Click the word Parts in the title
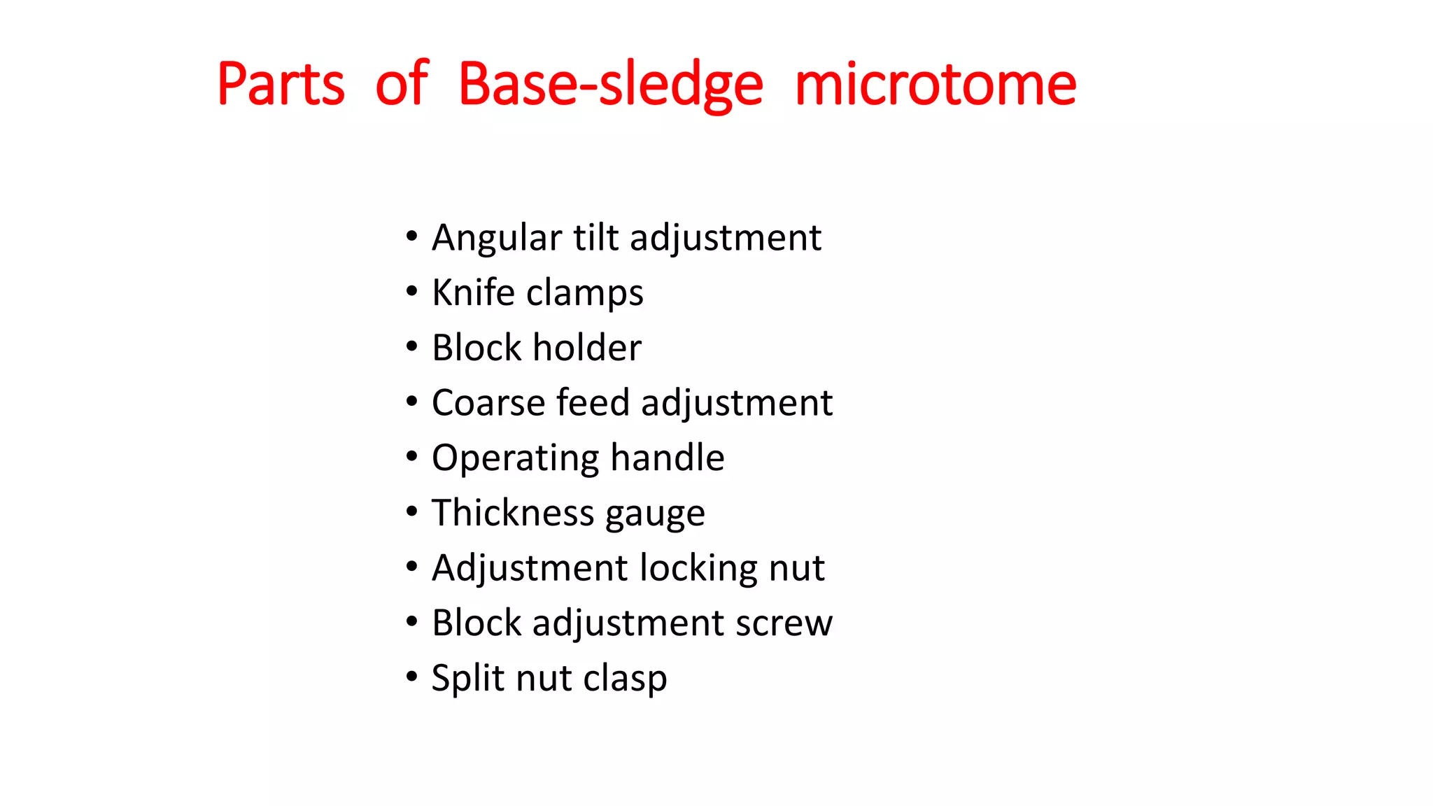281,85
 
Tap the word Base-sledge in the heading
610,85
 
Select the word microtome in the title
936,85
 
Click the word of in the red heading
402,85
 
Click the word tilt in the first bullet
596,237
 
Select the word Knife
473,292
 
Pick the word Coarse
488,403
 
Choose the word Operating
515,459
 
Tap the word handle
668,458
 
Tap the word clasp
625,679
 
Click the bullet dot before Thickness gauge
411,512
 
